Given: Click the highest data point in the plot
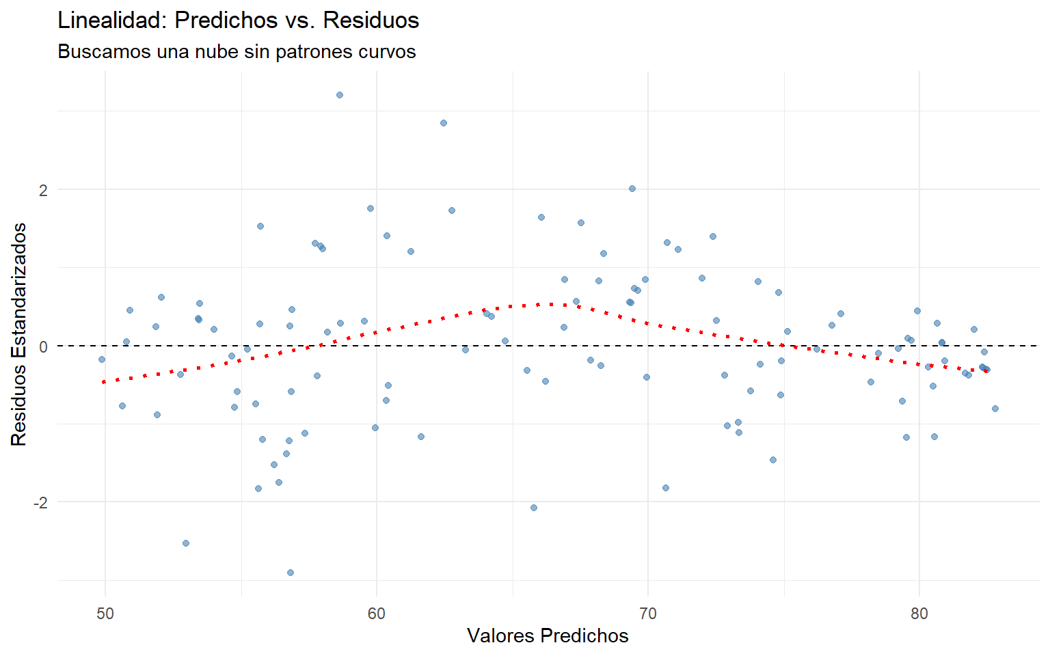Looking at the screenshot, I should tap(339, 95).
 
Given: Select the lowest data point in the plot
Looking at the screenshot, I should tap(290, 573).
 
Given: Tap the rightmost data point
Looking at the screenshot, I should tap(995, 409).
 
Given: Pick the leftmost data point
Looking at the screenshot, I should tap(102, 359).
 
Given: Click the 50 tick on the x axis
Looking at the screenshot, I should tap(105, 613).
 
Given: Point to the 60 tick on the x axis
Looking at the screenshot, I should tap(377, 613).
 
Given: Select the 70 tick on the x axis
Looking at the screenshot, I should tap(648, 613).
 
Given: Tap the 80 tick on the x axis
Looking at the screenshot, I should tap(919, 613).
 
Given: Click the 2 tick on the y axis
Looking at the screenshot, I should tap(43, 190).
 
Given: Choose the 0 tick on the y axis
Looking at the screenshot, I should tap(43, 346).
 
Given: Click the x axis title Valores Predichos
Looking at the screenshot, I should tap(548, 635).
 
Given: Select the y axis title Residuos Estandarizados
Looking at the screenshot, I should tap(19, 334).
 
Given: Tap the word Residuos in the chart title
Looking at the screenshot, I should tap(371, 20).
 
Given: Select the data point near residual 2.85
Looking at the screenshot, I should tap(443, 123).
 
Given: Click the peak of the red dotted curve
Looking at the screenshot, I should tap(554, 303).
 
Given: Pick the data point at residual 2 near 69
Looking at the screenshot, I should tap(632, 189).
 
